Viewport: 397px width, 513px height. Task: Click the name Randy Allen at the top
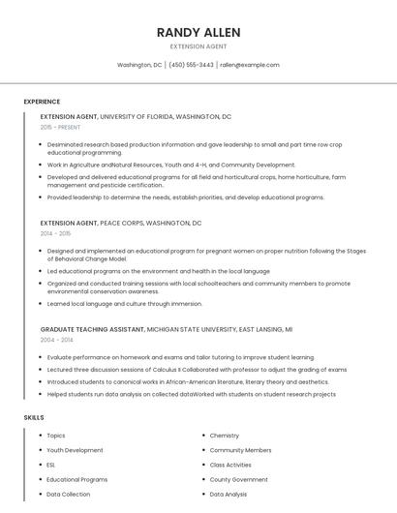(x=198, y=32)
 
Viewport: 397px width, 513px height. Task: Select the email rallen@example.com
(x=249, y=65)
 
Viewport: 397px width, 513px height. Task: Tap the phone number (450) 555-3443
(x=192, y=65)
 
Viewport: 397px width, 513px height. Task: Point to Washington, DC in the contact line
(x=139, y=65)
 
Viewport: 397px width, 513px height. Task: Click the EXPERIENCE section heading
(x=42, y=102)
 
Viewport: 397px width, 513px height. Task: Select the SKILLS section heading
(x=34, y=417)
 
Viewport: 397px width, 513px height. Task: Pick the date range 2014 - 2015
(x=56, y=233)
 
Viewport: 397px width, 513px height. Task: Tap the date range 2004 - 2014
(x=56, y=340)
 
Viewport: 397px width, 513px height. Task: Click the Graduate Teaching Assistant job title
(x=92, y=330)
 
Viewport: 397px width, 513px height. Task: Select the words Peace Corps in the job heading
(x=121, y=224)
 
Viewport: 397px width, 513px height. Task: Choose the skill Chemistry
(x=225, y=436)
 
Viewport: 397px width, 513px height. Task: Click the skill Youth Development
(x=75, y=450)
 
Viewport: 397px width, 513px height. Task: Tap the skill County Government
(x=238, y=479)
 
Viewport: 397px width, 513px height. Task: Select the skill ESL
(x=51, y=465)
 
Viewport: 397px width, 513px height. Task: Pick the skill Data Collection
(x=68, y=494)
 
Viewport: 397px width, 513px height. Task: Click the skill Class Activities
(x=230, y=465)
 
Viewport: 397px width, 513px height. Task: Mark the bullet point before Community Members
(x=202, y=450)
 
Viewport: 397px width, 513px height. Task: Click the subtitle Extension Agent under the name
(x=198, y=46)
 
